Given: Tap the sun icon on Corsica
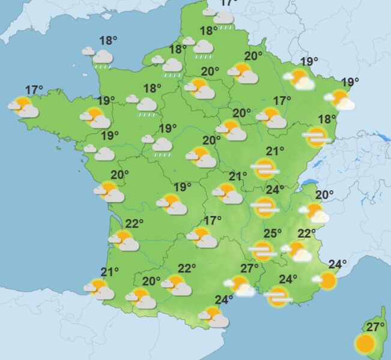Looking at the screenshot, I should click(x=365, y=344).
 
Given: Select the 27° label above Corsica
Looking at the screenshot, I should click(x=375, y=327).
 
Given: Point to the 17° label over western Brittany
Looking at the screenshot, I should click(x=34, y=91).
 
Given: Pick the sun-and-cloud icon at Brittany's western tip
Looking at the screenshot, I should click(x=24, y=108).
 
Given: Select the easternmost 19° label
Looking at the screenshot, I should click(x=350, y=82).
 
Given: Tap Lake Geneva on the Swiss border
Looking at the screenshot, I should click(x=309, y=182).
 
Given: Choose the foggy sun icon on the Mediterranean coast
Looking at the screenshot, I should click(x=278, y=296).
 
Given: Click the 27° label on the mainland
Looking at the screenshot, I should click(x=249, y=268).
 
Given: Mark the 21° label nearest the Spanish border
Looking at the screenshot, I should click(x=110, y=272).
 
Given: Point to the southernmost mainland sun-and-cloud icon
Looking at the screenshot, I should click(x=213, y=316).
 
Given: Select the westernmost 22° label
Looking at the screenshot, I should click(x=134, y=224).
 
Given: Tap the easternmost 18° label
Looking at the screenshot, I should click(x=327, y=119).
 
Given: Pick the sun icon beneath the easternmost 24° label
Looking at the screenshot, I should click(x=327, y=280).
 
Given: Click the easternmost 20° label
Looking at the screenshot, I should click(x=324, y=194).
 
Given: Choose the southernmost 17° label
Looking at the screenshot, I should click(x=213, y=220).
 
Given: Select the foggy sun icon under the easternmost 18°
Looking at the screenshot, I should click(x=317, y=137).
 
